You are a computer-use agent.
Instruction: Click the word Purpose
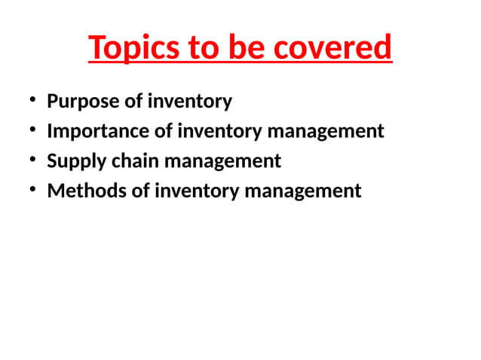pyautogui.click(x=79, y=101)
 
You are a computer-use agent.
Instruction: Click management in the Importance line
pyautogui.click(x=326, y=131)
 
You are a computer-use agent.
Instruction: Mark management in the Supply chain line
pyautogui.click(x=222, y=161)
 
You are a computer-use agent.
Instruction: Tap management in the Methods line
pyautogui.click(x=303, y=191)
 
